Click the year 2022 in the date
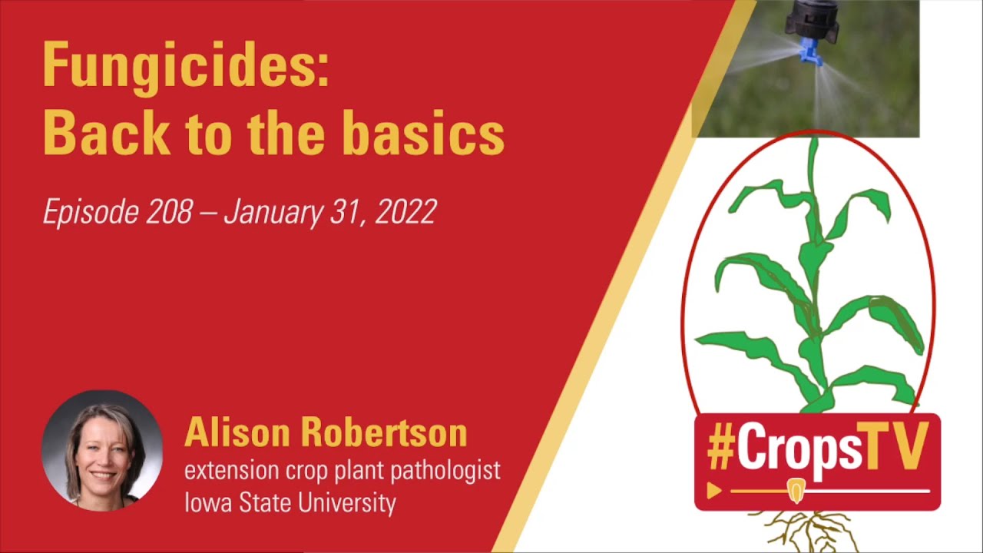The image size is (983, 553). pos(405,211)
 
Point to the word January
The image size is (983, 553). pos(272,211)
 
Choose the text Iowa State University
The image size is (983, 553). pos(290,503)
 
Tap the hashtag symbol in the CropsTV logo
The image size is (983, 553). pos(720,449)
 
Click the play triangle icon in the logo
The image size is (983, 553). pos(714,491)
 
